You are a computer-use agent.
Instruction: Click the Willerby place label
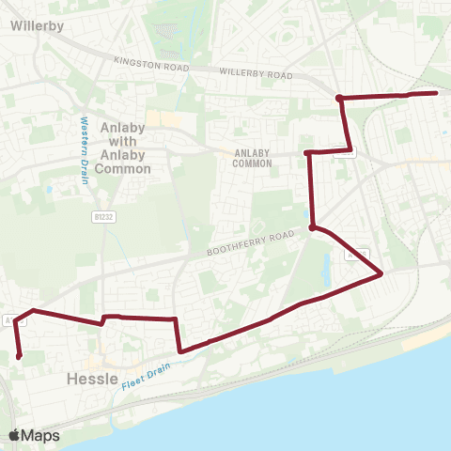(38, 26)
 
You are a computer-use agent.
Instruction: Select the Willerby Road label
(256, 72)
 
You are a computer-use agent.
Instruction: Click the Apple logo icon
(15, 435)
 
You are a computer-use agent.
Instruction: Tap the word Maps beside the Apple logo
(41, 435)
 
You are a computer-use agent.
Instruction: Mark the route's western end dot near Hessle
(19, 356)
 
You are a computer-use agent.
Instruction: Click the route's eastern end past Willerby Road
(437, 93)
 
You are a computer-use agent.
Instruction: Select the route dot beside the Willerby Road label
(338, 98)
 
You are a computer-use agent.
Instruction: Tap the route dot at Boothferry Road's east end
(311, 226)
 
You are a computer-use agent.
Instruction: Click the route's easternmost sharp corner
(381, 273)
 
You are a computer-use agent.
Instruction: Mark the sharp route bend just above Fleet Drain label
(179, 352)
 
